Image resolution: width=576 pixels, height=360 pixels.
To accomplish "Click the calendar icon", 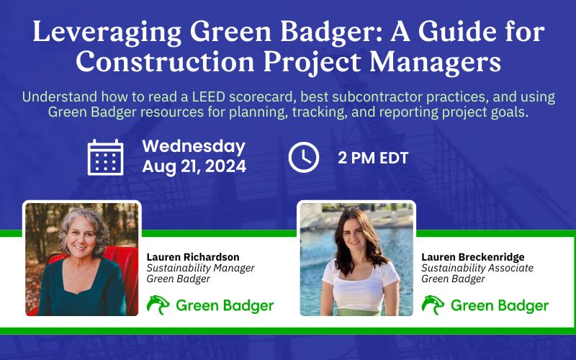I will coord(105,157).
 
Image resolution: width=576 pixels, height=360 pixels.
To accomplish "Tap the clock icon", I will coord(303,157).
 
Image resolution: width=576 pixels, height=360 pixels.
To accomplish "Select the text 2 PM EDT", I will coord(373,158).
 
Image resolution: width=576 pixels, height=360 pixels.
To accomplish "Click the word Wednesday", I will coord(194,146).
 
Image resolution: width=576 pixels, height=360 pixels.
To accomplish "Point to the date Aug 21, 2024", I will coord(194,167).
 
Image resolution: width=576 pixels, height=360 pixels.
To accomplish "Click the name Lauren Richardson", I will coord(192,257).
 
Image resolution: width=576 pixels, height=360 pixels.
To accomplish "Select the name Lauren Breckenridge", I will coord(472,257).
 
